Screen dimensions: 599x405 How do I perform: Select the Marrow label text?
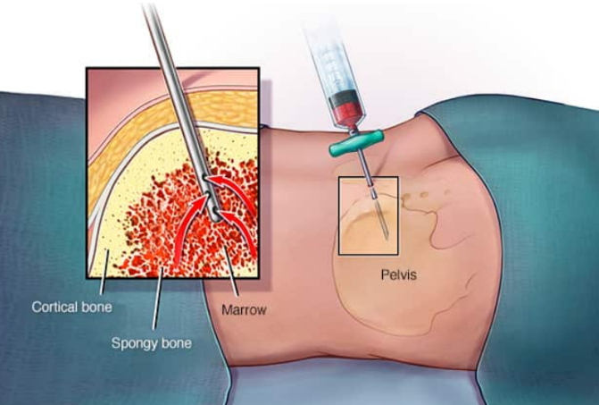click(x=244, y=309)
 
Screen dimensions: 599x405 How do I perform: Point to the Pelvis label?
click(x=398, y=274)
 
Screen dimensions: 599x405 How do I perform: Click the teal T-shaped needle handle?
click(x=356, y=143)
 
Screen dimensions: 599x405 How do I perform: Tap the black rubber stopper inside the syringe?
click(x=343, y=98)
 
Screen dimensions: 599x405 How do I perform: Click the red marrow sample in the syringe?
click(x=348, y=114)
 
